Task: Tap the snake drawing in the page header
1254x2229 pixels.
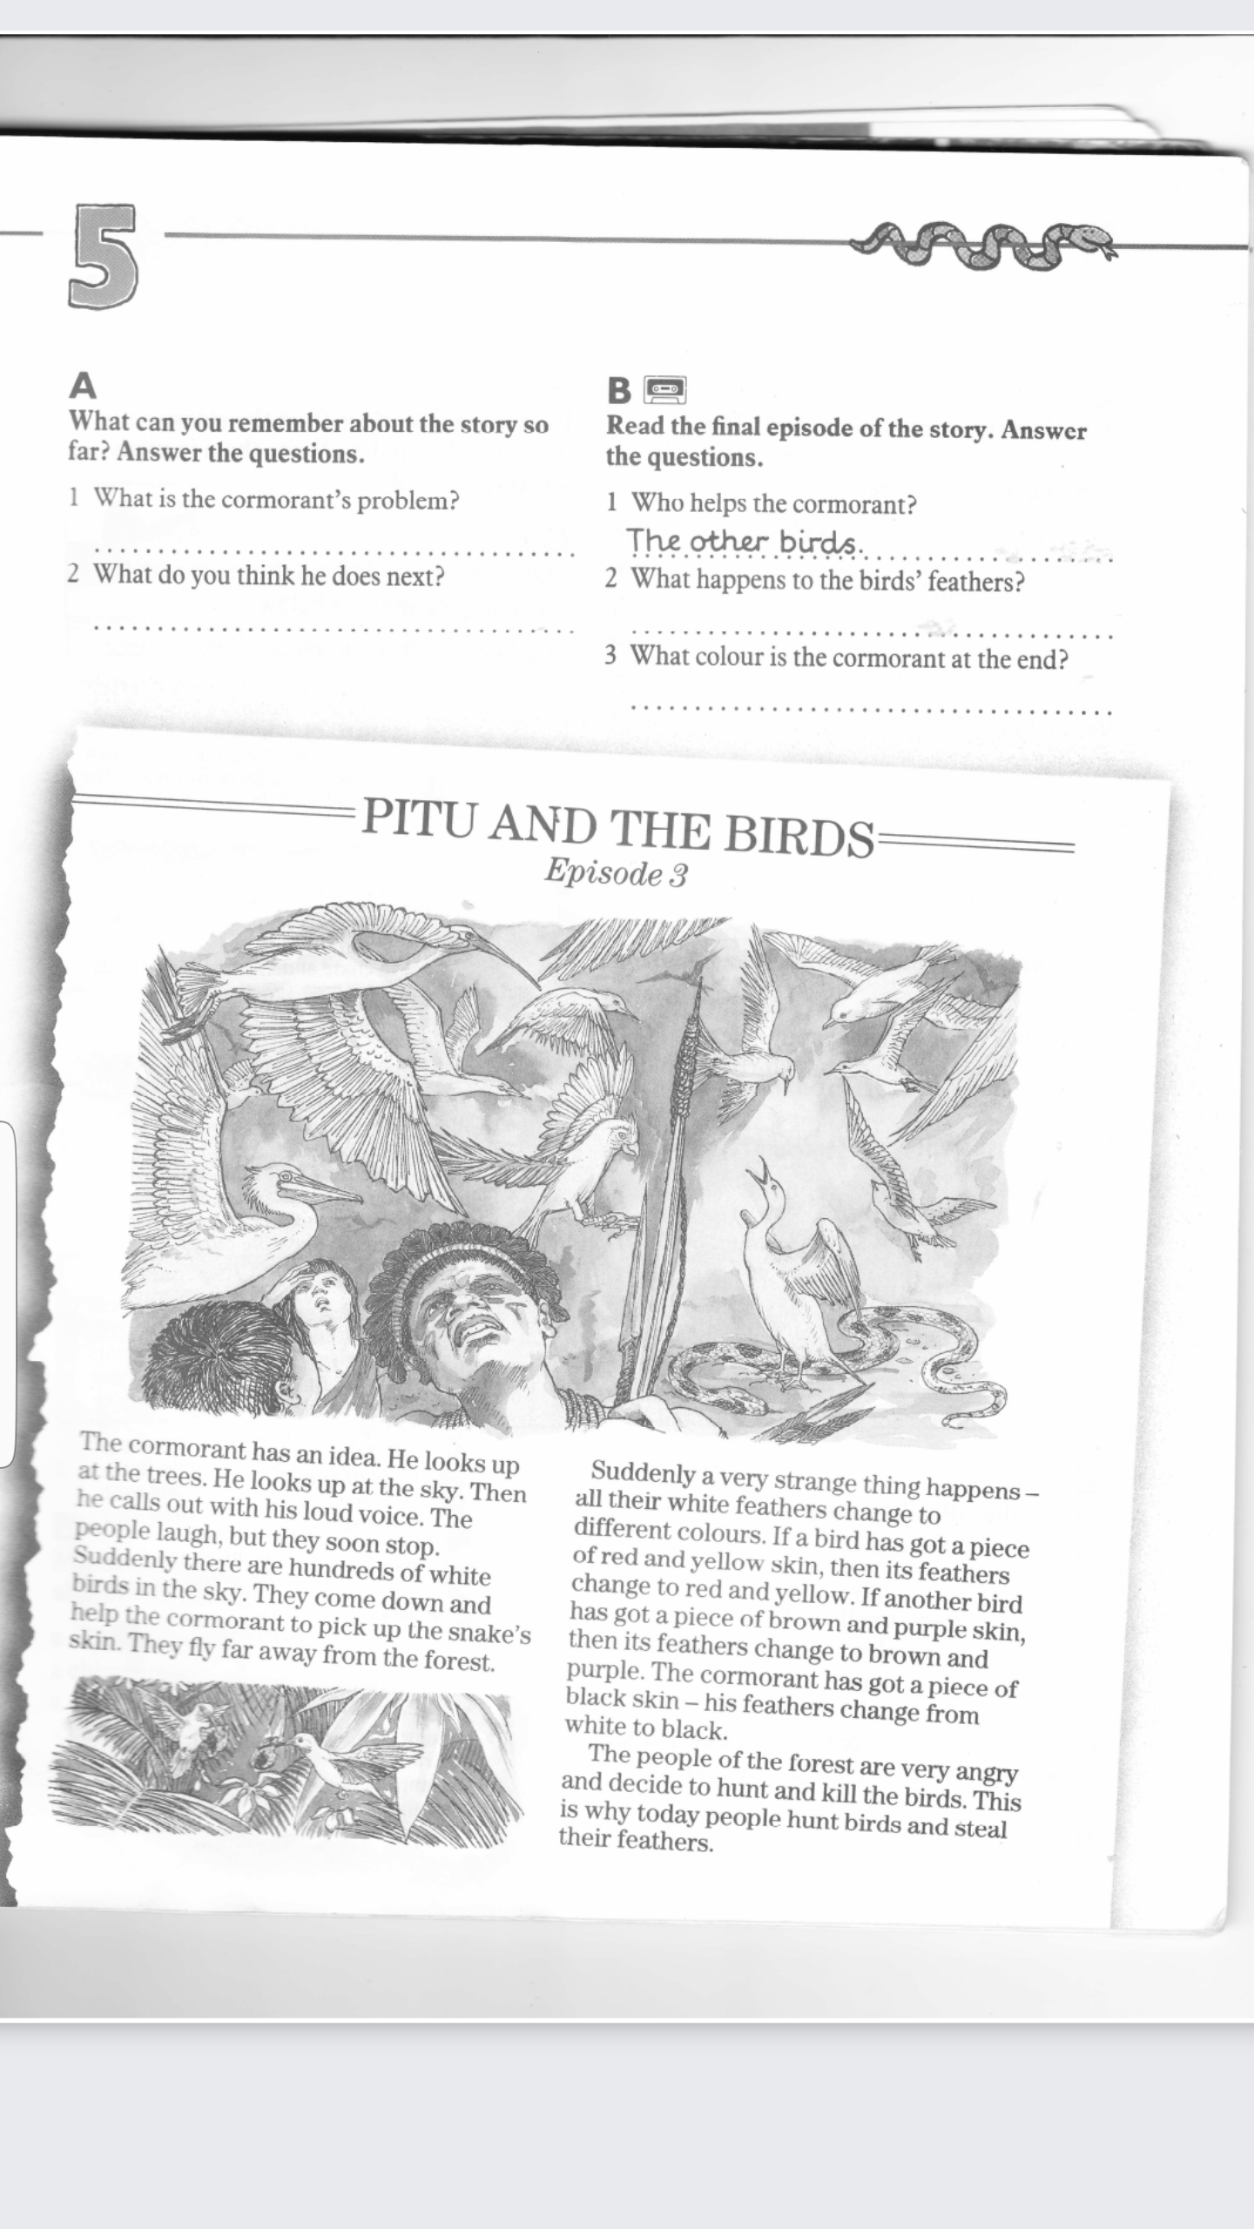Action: pos(984,245)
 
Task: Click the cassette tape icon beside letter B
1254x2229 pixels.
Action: pos(665,389)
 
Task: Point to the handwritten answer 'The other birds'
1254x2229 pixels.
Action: pos(743,542)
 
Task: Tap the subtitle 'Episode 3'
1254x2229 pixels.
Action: pos(616,872)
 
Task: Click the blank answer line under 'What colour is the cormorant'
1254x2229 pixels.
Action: pos(871,707)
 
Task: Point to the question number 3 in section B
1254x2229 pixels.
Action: pos(611,655)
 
